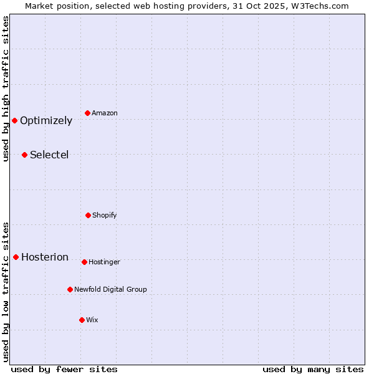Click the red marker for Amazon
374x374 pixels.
tap(88, 113)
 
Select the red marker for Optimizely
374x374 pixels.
tap(15, 120)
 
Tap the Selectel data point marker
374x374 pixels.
tap(25, 155)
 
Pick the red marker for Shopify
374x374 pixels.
tap(88, 215)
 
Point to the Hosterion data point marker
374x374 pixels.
tap(16, 257)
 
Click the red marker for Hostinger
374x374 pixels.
tap(84, 262)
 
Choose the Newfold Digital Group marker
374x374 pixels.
tap(70, 289)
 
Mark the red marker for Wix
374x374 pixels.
tap(82, 320)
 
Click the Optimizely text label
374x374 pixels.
tap(46, 121)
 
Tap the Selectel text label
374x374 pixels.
tap(49, 155)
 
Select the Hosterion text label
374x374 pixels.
tap(45, 257)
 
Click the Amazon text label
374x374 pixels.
tap(105, 113)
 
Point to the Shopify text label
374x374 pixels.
tap(105, 216)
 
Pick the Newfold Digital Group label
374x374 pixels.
tap(110, 290)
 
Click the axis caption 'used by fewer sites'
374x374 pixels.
tap(64, 370)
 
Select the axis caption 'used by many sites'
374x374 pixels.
tap(313, 370)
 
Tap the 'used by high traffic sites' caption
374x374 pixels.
tap(6, 89)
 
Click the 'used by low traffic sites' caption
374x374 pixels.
tap(6, 292)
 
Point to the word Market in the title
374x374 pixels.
tap(41, 6)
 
